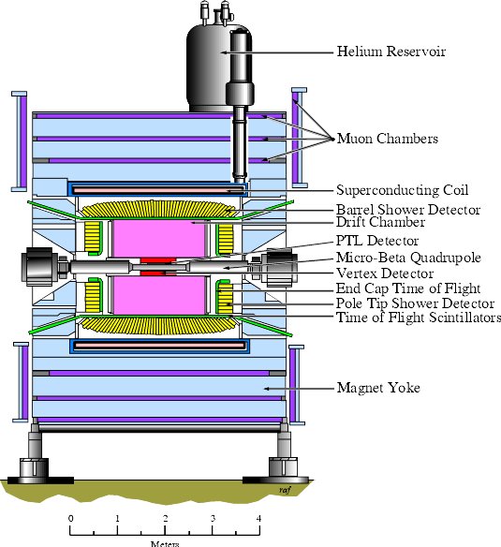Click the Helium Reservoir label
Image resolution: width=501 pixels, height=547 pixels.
coord(391,52)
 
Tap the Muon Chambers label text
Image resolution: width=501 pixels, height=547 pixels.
coord(388,139)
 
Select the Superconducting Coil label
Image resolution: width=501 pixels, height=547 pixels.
coord(403,190)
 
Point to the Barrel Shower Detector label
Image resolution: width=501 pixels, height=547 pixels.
coord(408,210)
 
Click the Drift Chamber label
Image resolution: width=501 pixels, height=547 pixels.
coord(380,222)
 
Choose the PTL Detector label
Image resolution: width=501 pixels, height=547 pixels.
coord(377,241)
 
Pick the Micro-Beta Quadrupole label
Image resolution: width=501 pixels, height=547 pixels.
coord(408,258)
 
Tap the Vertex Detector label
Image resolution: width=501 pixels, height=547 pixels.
coord(385,273)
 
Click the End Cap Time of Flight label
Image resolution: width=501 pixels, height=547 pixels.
coord(408,288)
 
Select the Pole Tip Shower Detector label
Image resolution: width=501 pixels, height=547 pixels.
coord(415,303)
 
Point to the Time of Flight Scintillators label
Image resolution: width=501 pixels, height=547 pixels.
coord(419,318)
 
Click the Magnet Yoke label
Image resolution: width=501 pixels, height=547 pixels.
coord(378,388)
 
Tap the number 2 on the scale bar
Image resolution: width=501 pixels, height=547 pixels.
coord(165,518)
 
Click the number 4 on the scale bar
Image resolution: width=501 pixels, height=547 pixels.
coord(258,518)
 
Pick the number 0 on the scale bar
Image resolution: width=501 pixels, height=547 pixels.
coord(71,518)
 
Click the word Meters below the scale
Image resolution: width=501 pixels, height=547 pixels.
coord(165,544)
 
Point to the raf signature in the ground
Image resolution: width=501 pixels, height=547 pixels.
coord(285,490)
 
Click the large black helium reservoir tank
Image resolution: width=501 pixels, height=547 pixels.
coord(210,68)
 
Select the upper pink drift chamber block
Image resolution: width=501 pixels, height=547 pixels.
coord(159,240)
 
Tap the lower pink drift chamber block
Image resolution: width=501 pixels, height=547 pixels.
coord(159,295)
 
